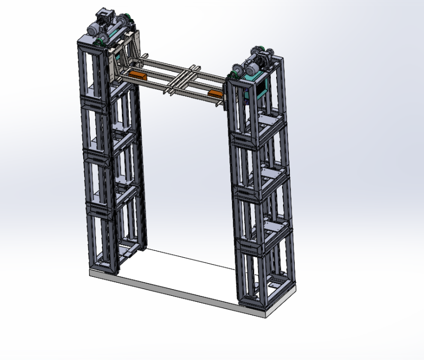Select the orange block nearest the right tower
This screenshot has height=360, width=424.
pyautogui.click(x=215, y=94)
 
